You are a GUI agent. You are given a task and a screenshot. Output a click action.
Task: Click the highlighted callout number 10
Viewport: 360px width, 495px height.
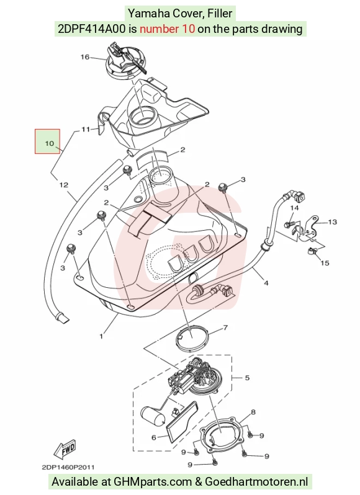(49, 143)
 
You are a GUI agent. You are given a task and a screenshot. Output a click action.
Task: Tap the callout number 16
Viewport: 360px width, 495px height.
(85, 57)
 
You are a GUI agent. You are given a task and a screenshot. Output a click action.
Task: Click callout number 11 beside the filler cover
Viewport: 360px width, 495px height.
(86, 129)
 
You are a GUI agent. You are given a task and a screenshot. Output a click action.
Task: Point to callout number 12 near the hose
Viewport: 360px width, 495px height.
(64, 185)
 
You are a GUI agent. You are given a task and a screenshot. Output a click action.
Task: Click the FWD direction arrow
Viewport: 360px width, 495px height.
(65, 448)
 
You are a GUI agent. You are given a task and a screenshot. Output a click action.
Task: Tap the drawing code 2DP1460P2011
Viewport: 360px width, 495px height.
(68, 467)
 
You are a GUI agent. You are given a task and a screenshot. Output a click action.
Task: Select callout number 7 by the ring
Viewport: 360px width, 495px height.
(225, 328)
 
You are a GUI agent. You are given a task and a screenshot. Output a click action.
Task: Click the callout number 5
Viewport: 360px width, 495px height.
(247, 378)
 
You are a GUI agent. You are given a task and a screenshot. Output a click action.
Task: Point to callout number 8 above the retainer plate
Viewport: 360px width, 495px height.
(253, 412)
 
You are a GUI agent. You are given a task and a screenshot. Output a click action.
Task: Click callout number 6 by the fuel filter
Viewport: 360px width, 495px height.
(154, 437)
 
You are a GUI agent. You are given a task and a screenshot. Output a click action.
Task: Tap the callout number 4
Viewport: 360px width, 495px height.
(266, 283)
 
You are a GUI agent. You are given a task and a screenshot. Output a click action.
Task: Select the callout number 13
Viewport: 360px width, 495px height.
(333, 222)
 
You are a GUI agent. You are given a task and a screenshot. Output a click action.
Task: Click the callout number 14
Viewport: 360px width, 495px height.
(294, 208)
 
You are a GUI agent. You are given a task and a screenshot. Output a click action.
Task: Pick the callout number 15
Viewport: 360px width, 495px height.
(325, 262)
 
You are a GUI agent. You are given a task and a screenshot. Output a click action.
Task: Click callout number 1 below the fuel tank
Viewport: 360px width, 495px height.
(101, 337)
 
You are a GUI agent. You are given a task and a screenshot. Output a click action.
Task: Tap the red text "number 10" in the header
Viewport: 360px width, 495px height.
(167, 29)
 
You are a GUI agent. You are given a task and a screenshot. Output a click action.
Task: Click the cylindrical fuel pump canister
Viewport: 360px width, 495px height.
(153, 417)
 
